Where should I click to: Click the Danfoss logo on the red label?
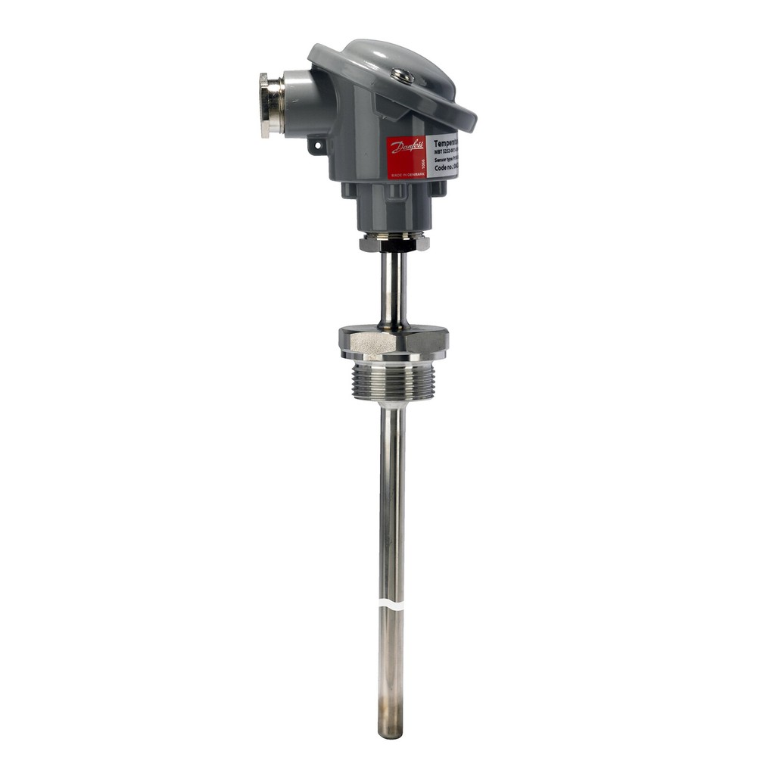point(407,147)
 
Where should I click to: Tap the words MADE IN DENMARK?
point(403,173)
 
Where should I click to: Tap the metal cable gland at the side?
point(271,104)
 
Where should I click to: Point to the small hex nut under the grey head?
point(394,243)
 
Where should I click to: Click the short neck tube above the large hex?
point(393,288)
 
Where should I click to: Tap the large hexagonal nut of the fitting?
point(393,342)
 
